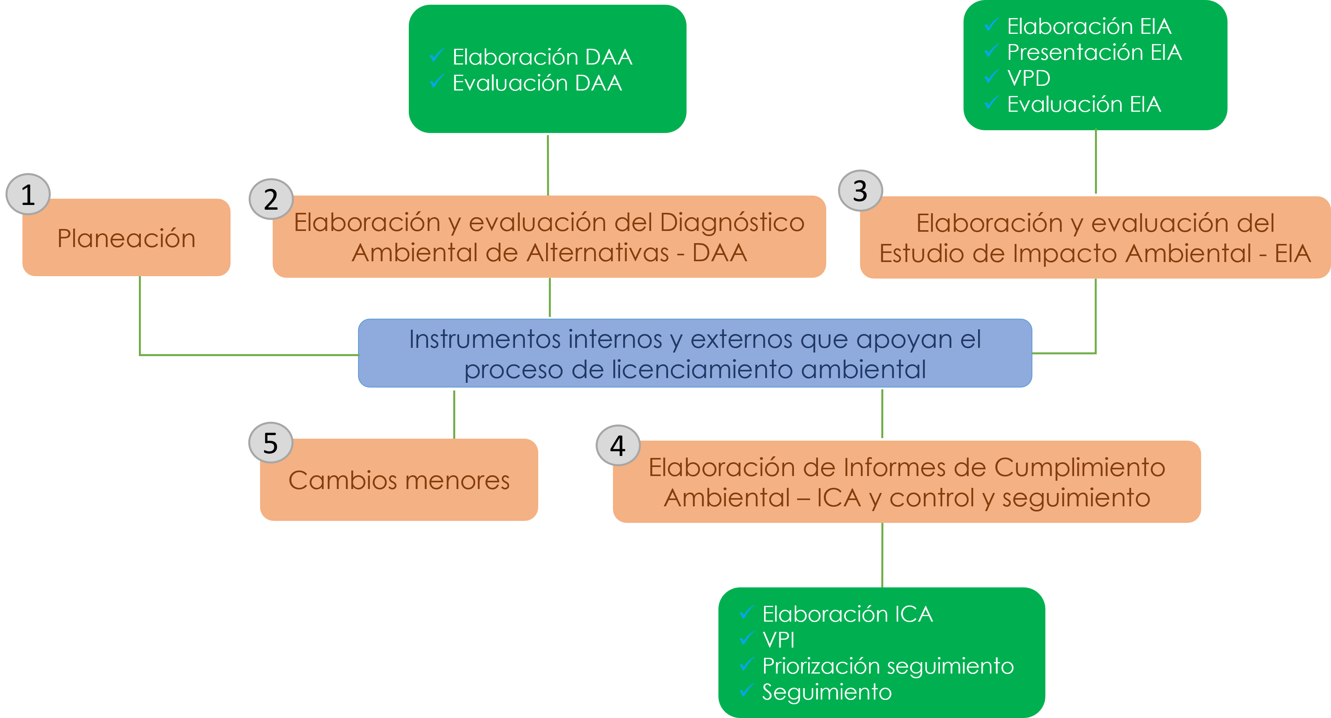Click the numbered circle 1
click(28, 195)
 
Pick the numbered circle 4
click(618, 445)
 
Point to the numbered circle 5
click(271, 443)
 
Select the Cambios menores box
click(399, 480)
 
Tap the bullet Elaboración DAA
click(542, 57)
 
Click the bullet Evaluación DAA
click(537, 83)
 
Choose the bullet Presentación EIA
click(1094, 52)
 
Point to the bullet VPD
click(1028, 78)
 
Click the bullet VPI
click(778, 640)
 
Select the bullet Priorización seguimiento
click(888, 666)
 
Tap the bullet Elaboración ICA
click(847, 614)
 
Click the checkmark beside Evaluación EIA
click(991, 103)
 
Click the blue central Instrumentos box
click(695, 353)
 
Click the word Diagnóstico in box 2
click(732, 223)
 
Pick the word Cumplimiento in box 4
click(1079, 467)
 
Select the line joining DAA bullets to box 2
click(548, 164)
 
